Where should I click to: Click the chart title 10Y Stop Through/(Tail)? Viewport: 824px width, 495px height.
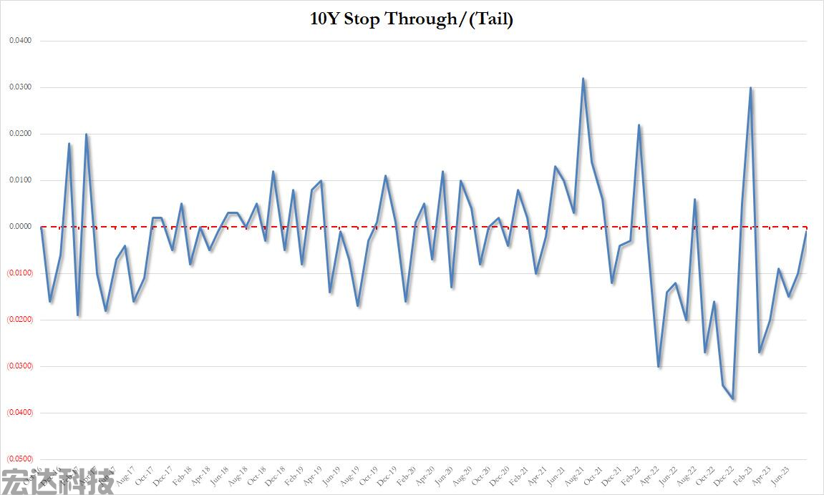pyautogui.click(x=411, y=19)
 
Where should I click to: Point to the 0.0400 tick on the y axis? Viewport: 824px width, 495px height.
pyautogui.click(x=20, y=41)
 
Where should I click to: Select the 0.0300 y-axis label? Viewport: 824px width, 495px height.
pyautogui.click(x=20, y=87)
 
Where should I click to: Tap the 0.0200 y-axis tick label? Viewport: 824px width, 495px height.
pyautogui.click(x=20, y=134)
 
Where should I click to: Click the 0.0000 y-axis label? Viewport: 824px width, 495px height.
pyautogui.click(x=20, y=227)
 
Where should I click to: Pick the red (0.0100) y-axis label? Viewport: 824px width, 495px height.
pyautogui.click(x=20, y=273)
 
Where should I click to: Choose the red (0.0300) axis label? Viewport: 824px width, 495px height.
pyautogui.click(x=20, y=366)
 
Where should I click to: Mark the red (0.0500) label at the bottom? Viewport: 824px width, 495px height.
pyautogui.click(x=20, y=459)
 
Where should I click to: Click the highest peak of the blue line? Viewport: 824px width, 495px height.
pyautogui.click(x=583, y=79)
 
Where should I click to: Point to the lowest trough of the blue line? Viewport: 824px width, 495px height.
pyautogui.click(x=733, y=398)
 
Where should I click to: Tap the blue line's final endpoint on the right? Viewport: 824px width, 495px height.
pyautogui.click(x=807, y=232)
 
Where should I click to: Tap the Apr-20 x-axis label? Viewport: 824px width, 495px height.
pyautogui.click(x=426, y=475)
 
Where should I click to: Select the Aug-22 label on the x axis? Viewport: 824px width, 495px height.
pyautogui.click(x=686, y=475)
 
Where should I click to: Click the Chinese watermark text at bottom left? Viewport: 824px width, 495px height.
pyautogui.click(x=57, y=481)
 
